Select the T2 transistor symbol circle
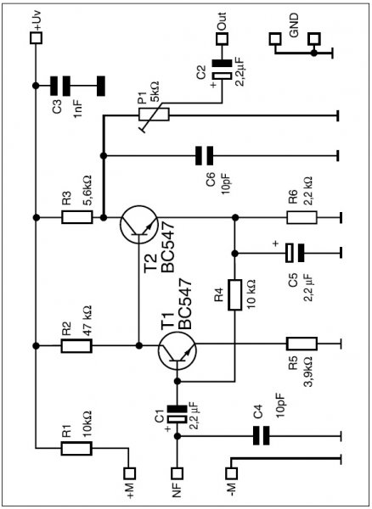(121, 224)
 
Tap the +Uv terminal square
(36, 38)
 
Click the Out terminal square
(223, 38)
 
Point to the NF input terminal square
(178, 473)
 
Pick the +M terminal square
(130, 473)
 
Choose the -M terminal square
(231, 473)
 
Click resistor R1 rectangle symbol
(76, 448)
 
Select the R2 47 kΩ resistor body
(76, 346)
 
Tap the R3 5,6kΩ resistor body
(77, 217)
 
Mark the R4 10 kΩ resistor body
(234, 294)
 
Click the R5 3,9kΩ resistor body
(302, 344)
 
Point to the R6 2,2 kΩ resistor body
(302, 217)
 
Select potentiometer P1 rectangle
(154, 115)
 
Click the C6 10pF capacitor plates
(205, 156)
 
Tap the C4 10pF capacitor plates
(262, 435)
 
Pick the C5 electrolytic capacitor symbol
(295, 253)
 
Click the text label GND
(294, 26)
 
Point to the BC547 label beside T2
(168, 247)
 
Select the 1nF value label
(80, 109)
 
